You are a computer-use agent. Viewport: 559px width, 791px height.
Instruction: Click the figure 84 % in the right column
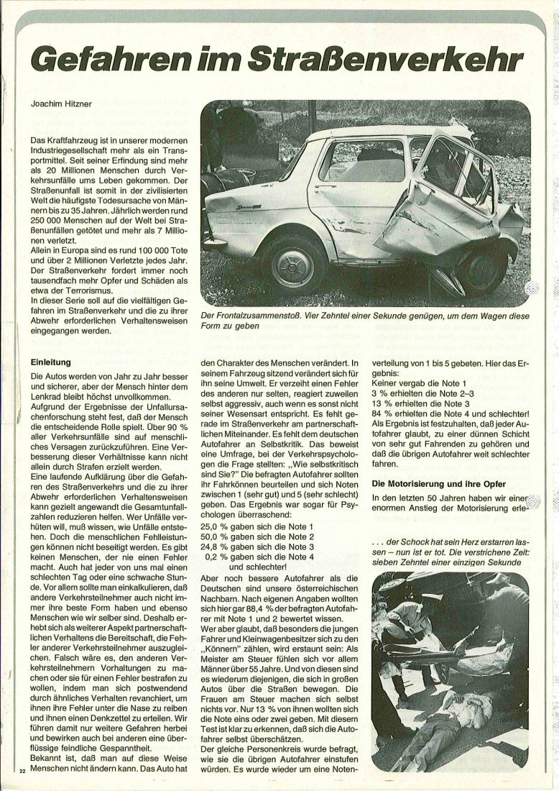pos(381,415)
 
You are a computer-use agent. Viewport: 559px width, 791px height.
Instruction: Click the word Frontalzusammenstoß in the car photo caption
pos(256,316)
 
